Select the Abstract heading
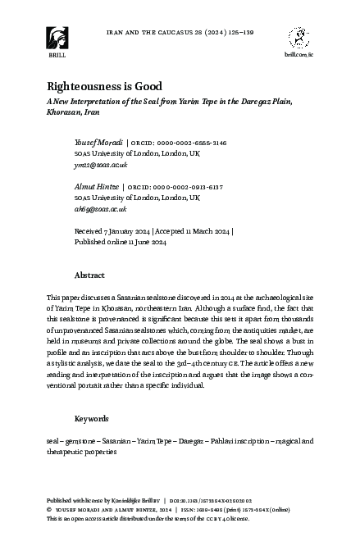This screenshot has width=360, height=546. pos(89,275)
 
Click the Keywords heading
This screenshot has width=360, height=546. pos(91,419)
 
